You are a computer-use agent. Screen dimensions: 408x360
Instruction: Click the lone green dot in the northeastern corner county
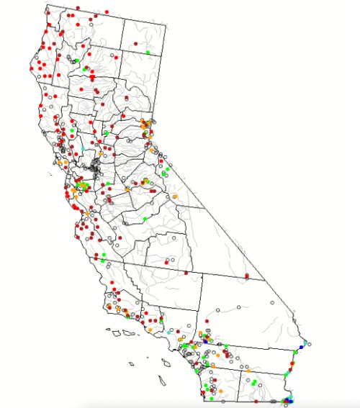(x=147, y=53)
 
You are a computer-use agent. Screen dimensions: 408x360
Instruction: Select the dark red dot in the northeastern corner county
(x=134, y=45)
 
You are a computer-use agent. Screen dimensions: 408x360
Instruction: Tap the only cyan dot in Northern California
(x=84, y=148)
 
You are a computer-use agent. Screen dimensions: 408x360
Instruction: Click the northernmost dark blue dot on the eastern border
(x=300, y=348)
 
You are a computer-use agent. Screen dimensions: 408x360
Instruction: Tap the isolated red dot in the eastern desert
(x=247, y=276)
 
